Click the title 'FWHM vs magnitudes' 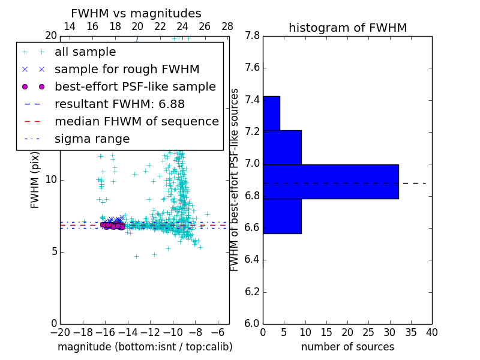[136, 13]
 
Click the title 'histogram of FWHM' [347, 28]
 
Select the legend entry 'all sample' [85, 52]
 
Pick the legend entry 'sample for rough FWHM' [127, 70]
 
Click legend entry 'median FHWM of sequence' [136, 122]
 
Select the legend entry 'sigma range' [92, 139]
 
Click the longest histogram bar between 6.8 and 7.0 [331, 181]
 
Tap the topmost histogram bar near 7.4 [271, 113]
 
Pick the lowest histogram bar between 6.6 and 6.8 [282, 216]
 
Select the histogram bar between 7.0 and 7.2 [282, 147]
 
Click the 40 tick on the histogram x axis [432, 332]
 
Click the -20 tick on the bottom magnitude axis [60, 332]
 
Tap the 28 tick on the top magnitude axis [227, 26]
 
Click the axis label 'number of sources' [347, 347]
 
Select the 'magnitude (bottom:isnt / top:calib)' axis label [145, 347]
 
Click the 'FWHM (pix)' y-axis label [35, 179]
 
